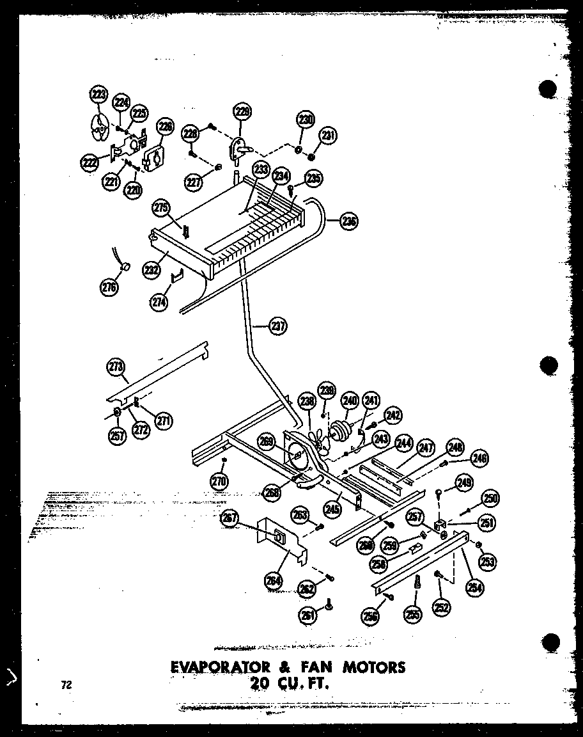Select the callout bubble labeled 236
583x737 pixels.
(349, 222)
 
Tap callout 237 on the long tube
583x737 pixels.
(277, 326)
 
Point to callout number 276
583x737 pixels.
(109, 287)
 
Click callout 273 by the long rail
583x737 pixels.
(116, 367)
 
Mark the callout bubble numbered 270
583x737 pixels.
(219, 480)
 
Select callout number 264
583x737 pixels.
(274, 581)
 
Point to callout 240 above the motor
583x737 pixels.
(350, 400)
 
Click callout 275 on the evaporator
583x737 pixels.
(161, 208)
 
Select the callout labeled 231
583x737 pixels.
(329, 136)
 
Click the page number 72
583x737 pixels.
(66, 685)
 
